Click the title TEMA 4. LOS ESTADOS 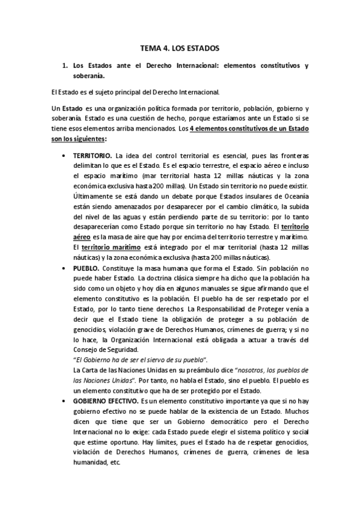(180, 46)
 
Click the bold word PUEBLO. (85, 265)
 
